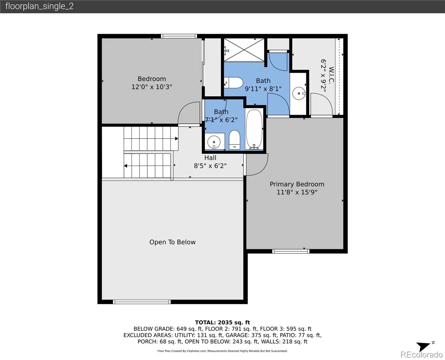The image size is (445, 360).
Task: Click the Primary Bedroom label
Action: [297, 184]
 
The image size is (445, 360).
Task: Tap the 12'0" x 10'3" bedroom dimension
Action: [152, 87]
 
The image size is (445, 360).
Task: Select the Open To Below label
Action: [172, 242]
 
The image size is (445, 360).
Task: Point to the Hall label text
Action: [210, 157]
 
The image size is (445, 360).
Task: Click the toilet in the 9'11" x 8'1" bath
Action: [233, 82]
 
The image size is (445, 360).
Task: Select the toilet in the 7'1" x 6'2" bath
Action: [234, 140]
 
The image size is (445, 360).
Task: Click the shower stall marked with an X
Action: [244, 50]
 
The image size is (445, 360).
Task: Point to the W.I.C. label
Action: [331, 76]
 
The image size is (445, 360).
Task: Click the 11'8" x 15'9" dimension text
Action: [297, 192]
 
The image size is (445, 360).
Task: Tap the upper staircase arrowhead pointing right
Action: [177, 139]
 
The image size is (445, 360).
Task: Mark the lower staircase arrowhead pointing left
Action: [126, 166]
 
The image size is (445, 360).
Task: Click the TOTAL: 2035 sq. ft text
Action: [222, 322]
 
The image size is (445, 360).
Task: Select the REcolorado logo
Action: [422, 355]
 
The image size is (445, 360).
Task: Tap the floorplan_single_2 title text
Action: [40, 6]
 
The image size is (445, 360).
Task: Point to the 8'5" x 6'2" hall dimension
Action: [210, 166]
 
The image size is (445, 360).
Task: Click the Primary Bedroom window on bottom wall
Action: [291, 251]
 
